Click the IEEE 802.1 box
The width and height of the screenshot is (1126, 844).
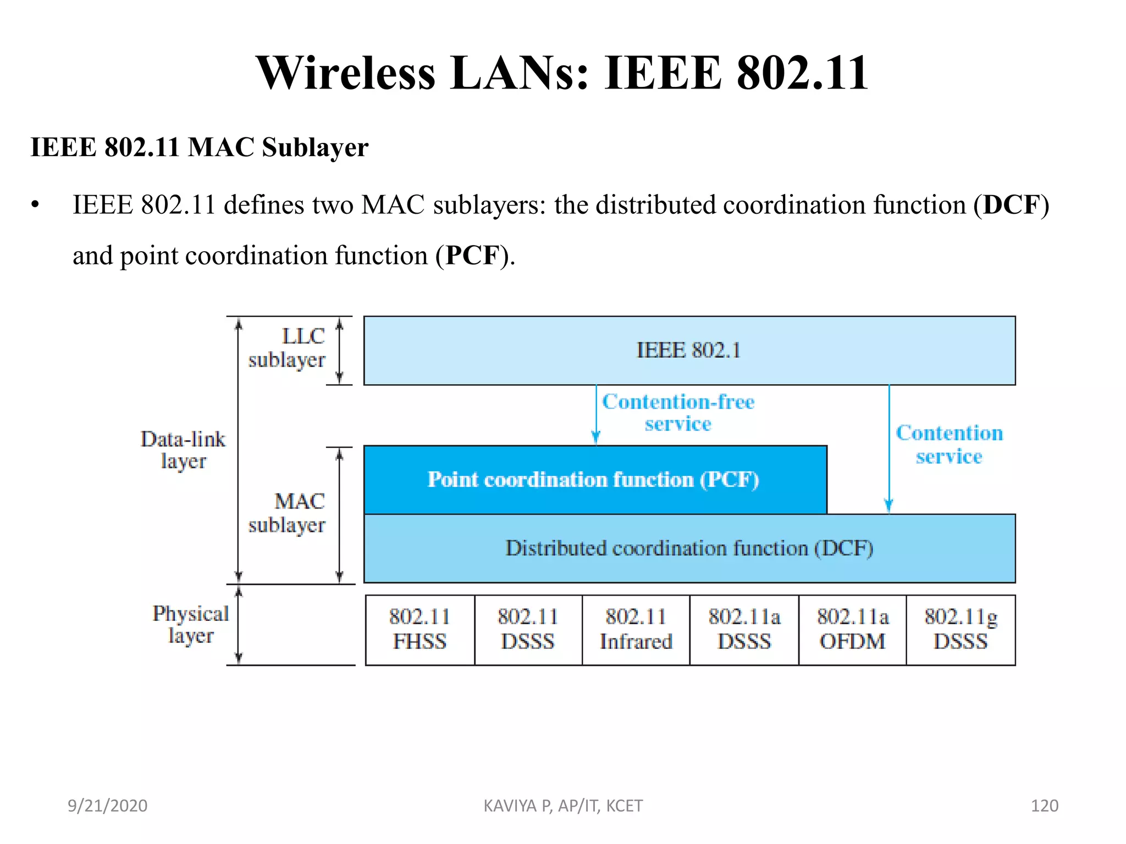689,351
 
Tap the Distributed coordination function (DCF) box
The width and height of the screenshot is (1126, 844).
689,548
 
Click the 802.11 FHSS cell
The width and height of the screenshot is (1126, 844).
420,630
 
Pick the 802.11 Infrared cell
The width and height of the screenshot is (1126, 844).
636,630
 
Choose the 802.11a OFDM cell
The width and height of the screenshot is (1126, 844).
852,630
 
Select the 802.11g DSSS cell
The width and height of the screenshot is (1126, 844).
961,630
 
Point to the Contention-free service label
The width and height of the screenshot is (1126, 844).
678,413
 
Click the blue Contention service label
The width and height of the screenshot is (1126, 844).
949,445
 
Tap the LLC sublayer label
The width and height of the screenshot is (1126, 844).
287,348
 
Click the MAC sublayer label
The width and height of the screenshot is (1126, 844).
287,513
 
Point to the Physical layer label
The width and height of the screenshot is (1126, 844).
190,624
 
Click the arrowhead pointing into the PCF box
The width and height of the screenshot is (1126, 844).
595,438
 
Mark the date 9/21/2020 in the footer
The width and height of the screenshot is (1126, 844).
107,806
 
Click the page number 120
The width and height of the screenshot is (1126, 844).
1044,806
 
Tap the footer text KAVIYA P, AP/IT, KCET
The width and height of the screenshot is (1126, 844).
563,806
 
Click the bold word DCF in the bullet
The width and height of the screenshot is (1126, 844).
1011,205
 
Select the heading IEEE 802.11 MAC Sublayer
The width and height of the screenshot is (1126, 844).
199,147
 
